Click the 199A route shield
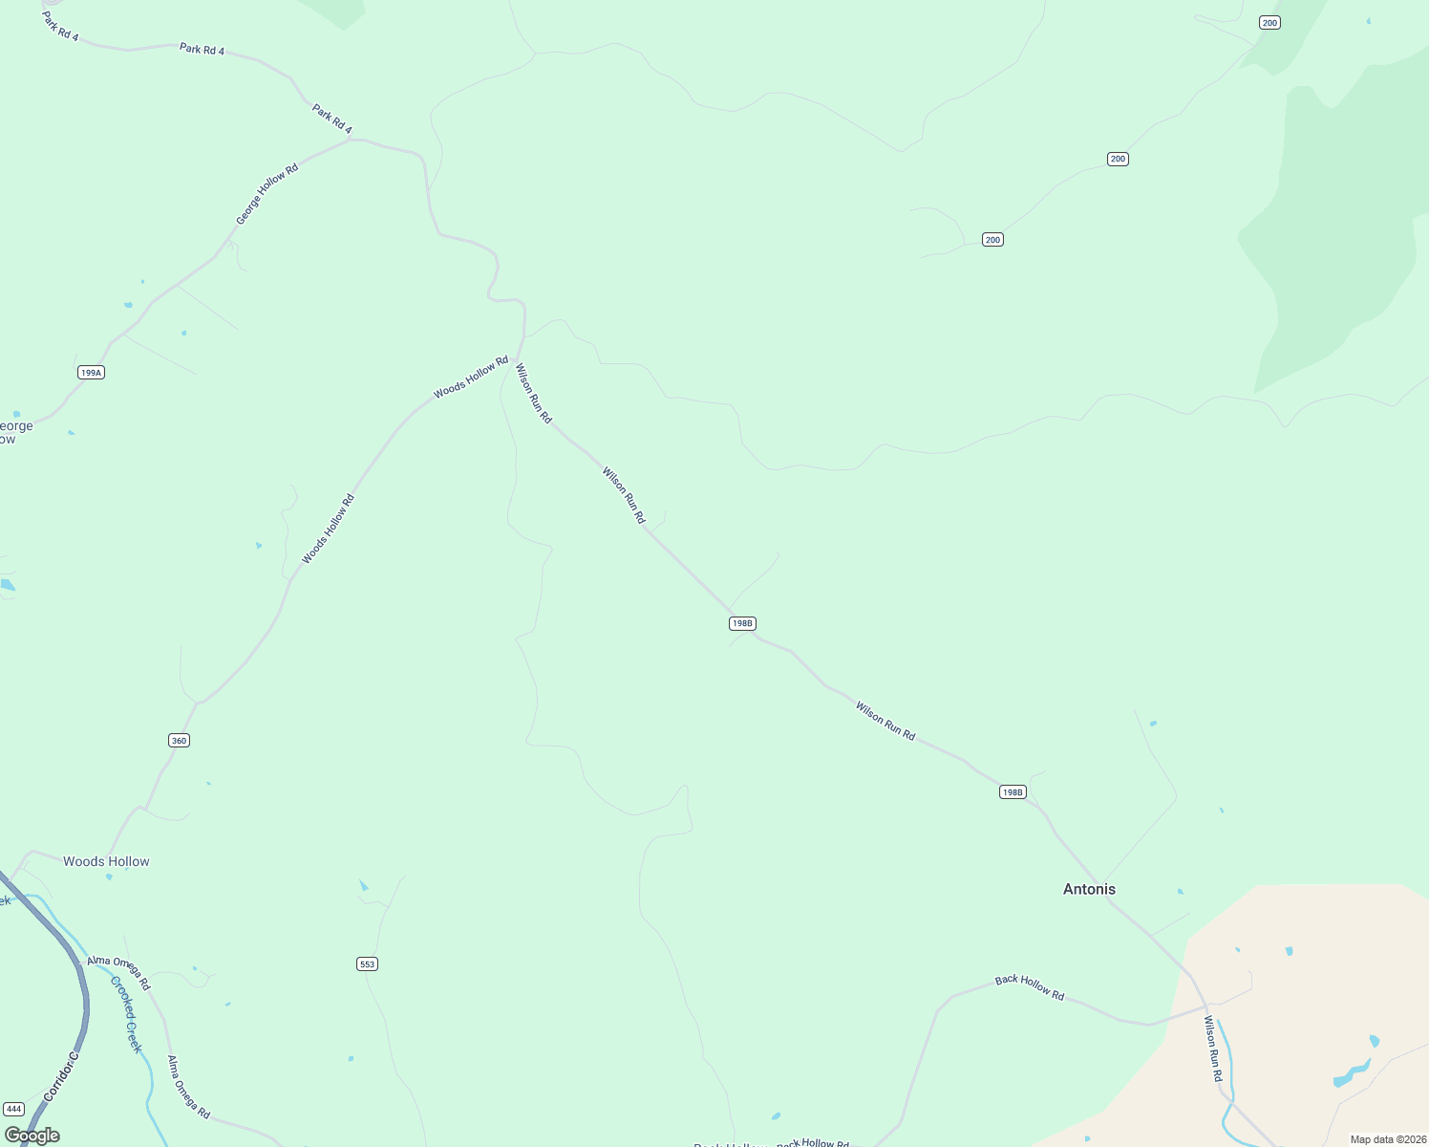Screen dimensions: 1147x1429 tap(91, 372)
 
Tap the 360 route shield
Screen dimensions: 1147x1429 tap(179, 740)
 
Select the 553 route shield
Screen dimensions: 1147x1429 tap(368, 963)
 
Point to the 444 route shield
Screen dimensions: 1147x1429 tap(13, 1109)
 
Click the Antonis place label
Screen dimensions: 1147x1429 tap(1089, 889)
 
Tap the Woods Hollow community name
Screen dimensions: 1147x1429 tap(106, 861)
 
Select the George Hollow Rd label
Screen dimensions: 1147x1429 tap(267, 194)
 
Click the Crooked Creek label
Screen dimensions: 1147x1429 tap(126, 1014)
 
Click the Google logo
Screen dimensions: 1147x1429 tap(32, 1136)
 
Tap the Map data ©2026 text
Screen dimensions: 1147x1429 tap(1387, 1139)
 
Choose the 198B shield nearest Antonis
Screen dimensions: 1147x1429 tap(1013, 791)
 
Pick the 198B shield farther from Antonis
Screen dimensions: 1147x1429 tap(742, 623)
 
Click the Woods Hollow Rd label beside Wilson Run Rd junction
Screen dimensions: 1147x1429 tap(471, 378)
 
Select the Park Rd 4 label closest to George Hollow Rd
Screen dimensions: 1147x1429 tap(332, 119)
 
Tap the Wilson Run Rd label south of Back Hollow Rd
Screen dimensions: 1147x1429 tap(1212, 1049)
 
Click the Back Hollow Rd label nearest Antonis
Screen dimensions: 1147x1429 tap(1029, 987)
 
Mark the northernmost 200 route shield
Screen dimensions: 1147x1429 tap(1269, 23)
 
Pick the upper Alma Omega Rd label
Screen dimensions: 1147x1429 tap(118, 972)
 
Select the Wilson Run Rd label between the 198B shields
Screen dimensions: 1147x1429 tap(885, 721)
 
